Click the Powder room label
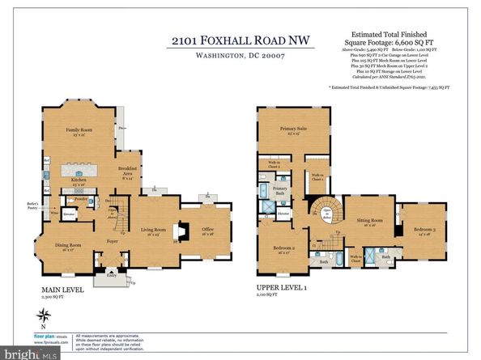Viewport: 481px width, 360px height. click(81, 198)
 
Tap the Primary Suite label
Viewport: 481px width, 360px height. click(291, 130)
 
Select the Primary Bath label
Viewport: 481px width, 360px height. click(279, 188)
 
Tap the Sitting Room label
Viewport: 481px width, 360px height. click(370, 222)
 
